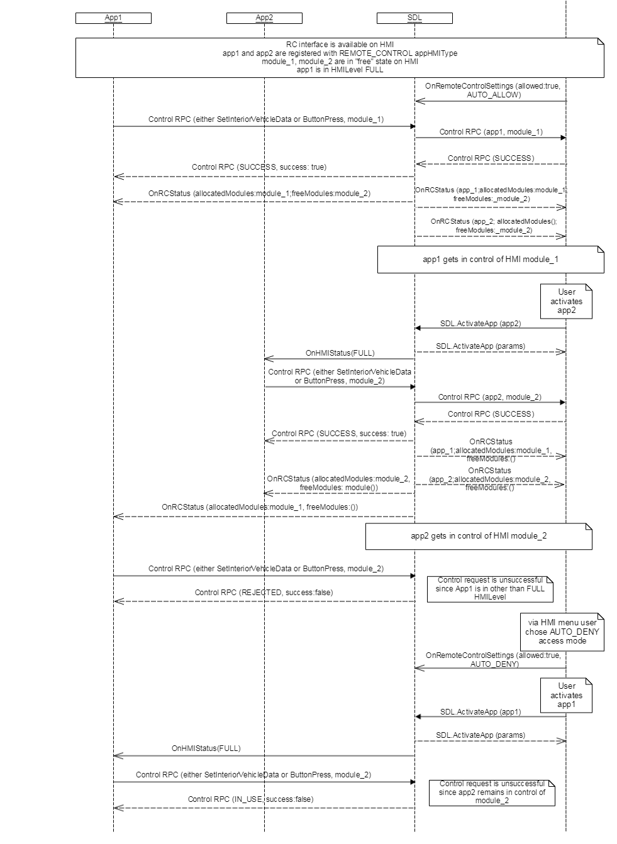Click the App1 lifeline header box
pyautogui.click(x=113, y=18)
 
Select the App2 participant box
pyautogui.click(x=264, y=18)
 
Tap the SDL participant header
pyautogui.click(x=414, y=18)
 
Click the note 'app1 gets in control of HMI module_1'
pyautogui.click(x=490, y=260)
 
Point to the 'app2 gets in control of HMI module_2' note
pyautogui.click(x=479, y=536)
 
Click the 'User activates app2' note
pyautogui.click(x=566, y=301)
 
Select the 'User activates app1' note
pyautogui.click(x=566, y=695)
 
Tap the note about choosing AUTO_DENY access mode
pyautogui.click(x=562, y=632)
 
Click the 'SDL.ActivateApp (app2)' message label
pyautogui.click(x=481, y=324)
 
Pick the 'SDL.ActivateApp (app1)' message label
pyautogui.click(x=481, y=712)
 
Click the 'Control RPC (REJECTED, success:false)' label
pyautogui.click(x=264, y=593)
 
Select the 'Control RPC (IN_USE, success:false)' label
pyautogui.click(x=250, y=799)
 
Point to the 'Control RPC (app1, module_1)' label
pyautogui.click(x=491, y=132)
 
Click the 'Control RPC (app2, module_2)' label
pyautogui.click(x=489, y=397)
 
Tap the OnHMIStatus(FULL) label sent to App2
pyautogui.click(x=340, y=353)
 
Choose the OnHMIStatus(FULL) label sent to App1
pyautogui.click(x=206, y=748)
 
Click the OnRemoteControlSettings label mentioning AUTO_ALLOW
pyautogui.click(x=492, y=90)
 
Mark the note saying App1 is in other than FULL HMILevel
pyautogui.click(x=490, y=589)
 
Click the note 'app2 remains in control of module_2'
pyautogui.click(x=492, y=792)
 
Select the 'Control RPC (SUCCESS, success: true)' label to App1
pyautogui.click(x=259, y=167)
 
